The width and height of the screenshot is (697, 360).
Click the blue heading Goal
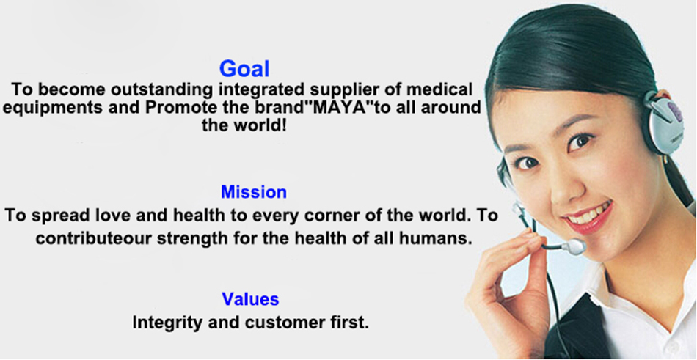click(x=244, y=69)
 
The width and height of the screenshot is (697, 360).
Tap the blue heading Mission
click(x=254, y=192)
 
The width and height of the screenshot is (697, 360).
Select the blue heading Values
click(x=251, y=298)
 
